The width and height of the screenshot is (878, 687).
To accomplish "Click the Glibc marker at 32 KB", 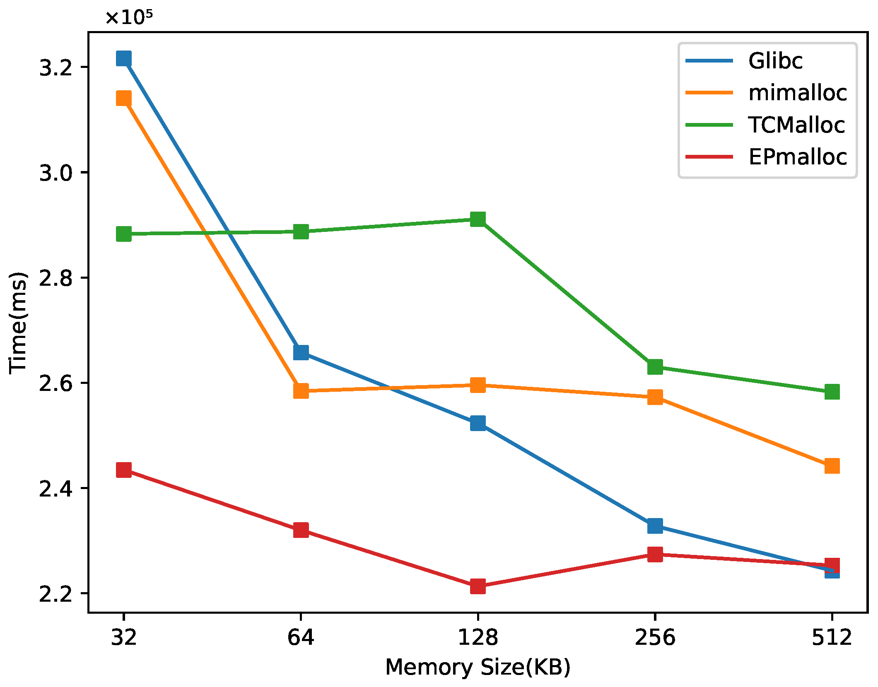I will pyautogui.click(x=124, y=58).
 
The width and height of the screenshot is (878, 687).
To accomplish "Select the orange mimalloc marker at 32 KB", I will pyautogui.click(x=124, y=99).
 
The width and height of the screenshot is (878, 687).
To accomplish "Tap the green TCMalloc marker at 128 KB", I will pyautogui.click(x=478, y=219).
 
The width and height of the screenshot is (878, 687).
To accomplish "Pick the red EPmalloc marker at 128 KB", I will pyautogui.click(x=478, y=586).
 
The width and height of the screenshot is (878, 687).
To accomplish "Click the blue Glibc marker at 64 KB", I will pyautogui.click(x=301, y=352).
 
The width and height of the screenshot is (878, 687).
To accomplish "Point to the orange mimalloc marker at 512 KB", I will pyautogui.click(x=832, y=466).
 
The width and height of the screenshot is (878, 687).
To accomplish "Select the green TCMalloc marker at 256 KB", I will pyautogui.click(x=655, y=366).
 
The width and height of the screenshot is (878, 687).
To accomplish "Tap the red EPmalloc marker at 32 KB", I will pyautogui.click(x=124, y=470).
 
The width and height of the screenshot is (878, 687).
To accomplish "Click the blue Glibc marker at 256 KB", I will pyautogui.click(x=655, y=526).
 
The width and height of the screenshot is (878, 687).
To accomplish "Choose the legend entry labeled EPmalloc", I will pyautogui.click(x=797, y=157).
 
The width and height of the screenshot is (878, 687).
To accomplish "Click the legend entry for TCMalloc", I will pyautogui.click(x=796, y=125).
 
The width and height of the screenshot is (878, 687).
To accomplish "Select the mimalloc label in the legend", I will pyautogui.click(x=797, y=93).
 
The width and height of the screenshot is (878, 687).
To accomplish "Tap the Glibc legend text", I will pyautogui.click(x=775, y=61).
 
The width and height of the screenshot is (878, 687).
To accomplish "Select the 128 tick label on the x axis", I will pyautogui.click(x=478, y=637).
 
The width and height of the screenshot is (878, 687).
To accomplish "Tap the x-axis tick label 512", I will pyautogui.click(x=832, y=637).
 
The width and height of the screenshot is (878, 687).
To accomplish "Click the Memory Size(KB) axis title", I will pyautogui.click(x=478, y=667).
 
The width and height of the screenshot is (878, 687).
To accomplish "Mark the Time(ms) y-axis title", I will pyautogui.click(x=19, y=323).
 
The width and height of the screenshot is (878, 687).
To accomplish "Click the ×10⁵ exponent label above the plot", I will pyautogui.click(x=129, y=17).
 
